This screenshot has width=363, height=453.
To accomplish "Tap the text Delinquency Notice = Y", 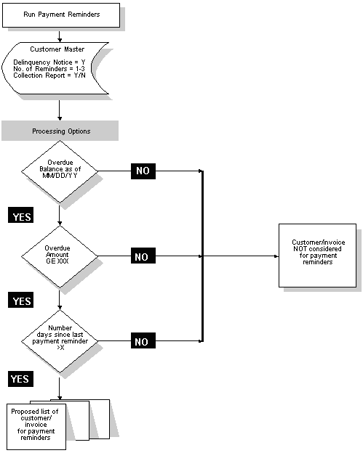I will pyautogui.click(x=49, y=63).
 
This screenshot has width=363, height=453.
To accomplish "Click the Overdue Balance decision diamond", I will pyautogui.click(x=59, y=172).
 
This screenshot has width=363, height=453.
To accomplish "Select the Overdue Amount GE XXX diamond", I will pyautogui.click(x=59, y=256).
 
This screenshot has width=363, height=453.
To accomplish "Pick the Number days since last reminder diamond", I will pyautogui.click(x=59, y=340).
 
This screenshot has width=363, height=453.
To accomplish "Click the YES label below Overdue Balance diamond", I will pyautogui.click(x=22, y=216).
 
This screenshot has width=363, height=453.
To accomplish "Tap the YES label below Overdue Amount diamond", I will pyautogui.click(x=22, y=300).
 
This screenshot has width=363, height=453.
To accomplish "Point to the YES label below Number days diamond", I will pyautogui.click(x=22, y=378).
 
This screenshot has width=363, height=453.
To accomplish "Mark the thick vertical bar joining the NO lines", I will pyautogui.click(x=202, y=256).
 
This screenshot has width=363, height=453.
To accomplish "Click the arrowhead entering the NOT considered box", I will pyautogui.click(x=275, y=256).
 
